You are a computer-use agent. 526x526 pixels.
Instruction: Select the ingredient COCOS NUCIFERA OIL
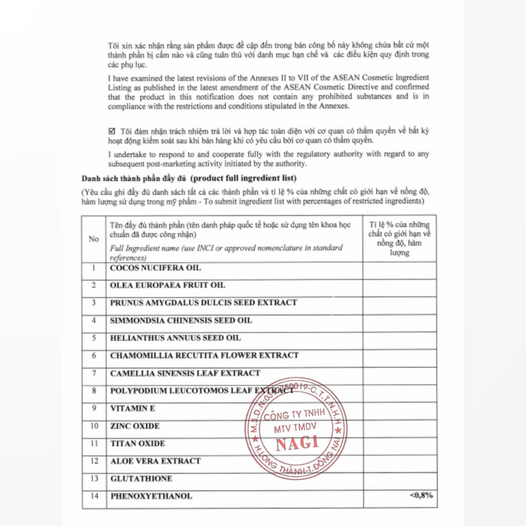point(155,268)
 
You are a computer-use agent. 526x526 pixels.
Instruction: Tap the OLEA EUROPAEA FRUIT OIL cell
point(168,285)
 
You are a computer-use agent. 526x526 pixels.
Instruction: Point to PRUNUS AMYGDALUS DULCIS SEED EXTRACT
point(203,302)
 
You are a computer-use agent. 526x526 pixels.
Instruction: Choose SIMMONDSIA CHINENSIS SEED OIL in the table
point(181,320)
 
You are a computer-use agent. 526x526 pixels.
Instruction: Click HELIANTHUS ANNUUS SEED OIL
point(175,338)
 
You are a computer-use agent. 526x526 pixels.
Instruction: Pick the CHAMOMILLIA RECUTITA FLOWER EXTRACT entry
point(204,356)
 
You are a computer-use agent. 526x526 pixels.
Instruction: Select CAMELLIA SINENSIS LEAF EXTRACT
point(185,373)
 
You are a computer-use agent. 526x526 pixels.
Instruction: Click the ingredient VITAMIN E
point(132,408)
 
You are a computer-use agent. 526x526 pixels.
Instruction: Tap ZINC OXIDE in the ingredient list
point(135,426)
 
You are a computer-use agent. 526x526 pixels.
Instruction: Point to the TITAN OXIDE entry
point(137,444)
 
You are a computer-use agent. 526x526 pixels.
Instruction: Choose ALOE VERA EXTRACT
point(155,461)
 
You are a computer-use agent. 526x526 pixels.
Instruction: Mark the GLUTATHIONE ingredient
point(141,479)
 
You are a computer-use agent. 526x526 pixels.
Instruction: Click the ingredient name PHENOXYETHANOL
point(151,496)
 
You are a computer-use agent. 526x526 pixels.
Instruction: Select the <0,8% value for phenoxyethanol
point(421,496)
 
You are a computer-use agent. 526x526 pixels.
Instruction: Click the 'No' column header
point(94,239)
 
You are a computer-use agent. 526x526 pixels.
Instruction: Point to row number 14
point(94,496)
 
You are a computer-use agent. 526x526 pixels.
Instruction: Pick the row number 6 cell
point(94,356)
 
